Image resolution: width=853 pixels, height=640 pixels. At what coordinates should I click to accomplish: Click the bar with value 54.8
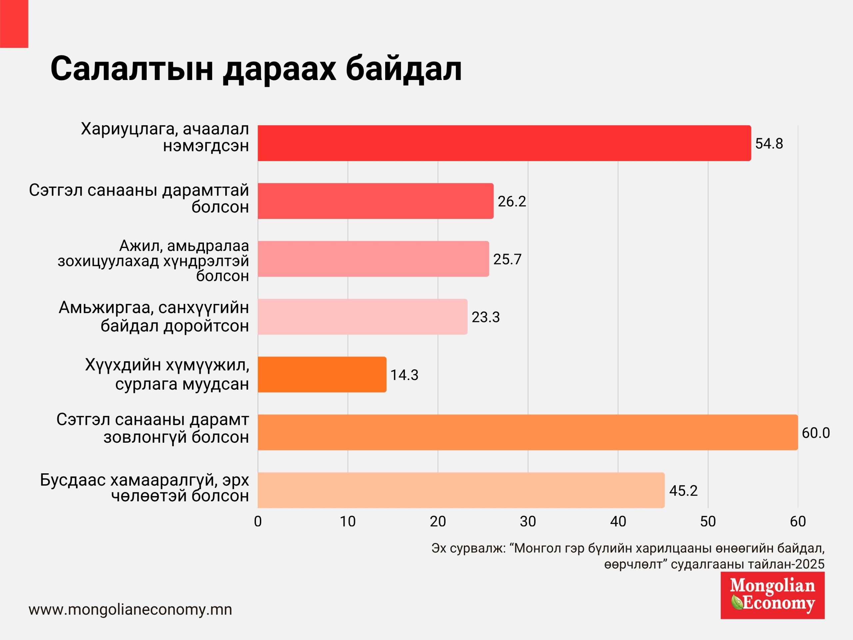[504, 143]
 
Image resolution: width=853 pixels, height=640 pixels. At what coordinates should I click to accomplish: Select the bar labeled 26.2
[375, 201]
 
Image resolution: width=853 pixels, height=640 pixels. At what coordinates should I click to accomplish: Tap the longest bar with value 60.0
[527, 432]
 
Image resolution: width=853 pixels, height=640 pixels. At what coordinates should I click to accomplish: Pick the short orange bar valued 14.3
[322, 375]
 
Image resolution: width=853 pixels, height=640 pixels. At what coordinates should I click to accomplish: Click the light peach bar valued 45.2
[461, 490]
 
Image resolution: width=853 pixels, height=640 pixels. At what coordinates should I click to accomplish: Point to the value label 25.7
[507, 259]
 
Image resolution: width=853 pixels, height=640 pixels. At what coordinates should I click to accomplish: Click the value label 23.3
[485, 317]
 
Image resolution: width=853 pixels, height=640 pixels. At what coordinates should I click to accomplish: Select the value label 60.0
[816, 433]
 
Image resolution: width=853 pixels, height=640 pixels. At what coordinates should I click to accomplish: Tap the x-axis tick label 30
[527, 522]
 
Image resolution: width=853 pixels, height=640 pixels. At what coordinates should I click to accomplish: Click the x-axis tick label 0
[258, 522]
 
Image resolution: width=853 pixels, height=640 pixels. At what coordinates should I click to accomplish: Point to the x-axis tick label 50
[708, 522]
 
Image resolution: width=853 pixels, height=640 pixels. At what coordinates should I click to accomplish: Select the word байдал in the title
[404, 69]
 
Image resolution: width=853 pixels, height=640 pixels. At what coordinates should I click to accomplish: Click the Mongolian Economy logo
[772, 595]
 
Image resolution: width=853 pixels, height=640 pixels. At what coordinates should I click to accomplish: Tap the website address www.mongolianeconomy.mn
[130, 610]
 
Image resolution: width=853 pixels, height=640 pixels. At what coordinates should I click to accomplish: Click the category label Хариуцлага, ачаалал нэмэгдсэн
[165, 137]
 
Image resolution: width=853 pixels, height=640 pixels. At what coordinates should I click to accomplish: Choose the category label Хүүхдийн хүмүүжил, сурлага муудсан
[167, 374]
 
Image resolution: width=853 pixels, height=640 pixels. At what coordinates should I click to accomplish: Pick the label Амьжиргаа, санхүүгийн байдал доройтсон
[154, 317]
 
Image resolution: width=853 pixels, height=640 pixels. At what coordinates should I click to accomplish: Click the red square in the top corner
[14, 24]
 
